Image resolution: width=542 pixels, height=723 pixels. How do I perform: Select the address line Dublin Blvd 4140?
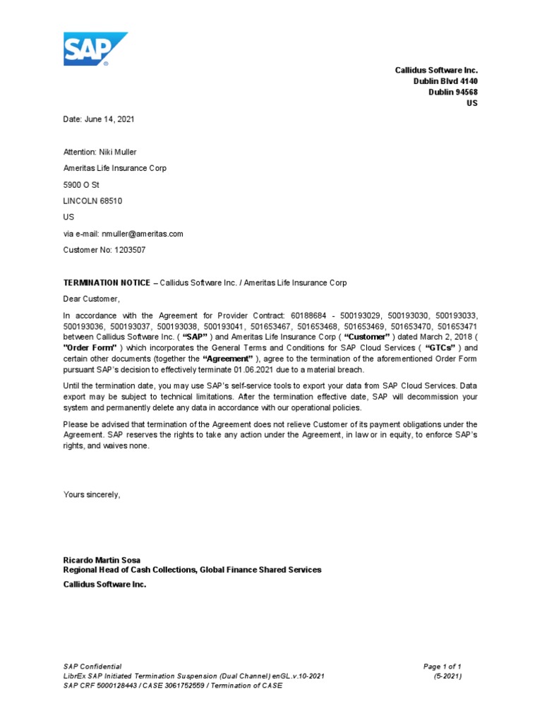click(x=445, y=81)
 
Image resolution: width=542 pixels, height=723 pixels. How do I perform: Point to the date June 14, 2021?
click(x=110, y=119)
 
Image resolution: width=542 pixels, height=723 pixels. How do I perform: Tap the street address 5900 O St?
click(x=82, y=184)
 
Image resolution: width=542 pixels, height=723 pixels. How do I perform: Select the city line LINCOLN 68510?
click(x=93, y=201)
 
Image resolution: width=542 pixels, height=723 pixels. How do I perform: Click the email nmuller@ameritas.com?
click(x=142, y=233)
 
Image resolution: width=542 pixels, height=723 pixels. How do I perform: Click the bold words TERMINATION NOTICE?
click(x=107, y=282)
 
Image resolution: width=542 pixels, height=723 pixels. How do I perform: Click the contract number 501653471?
click(x=457, y=326)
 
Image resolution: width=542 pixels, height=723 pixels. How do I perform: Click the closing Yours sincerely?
click(x=92, y=494)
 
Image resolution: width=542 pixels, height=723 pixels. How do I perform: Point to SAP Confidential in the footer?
click(x=92, y=667)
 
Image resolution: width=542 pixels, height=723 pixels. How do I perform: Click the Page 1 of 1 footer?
click(x=442, y=667)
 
